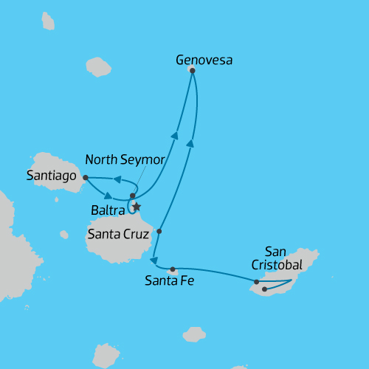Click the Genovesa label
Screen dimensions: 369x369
[204, 61]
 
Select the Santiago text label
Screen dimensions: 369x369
[51, 176]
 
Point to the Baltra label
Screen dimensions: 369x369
[106, 210]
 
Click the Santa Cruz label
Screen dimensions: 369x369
[119, 235]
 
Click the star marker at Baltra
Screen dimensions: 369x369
[136, 207]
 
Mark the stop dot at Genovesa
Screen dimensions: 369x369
[192, 70]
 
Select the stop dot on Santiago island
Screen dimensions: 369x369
[86, 177]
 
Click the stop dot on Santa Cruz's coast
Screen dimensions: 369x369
[159, 231]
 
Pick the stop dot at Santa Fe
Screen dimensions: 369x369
[172, 269]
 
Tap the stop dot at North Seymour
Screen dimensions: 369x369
[132, 196]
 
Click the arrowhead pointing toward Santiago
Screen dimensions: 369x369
[116, 179]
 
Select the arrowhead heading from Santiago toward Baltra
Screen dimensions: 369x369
[108, 197]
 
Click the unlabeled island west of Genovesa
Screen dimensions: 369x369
[97, 67]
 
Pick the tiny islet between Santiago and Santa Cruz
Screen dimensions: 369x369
[64, 235]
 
